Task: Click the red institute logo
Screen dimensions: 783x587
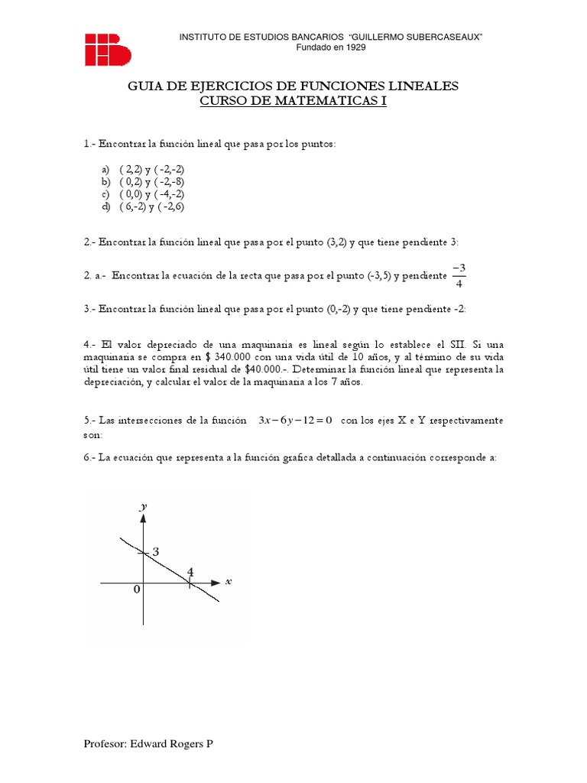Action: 108,49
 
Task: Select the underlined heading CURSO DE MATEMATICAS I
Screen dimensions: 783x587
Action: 293,102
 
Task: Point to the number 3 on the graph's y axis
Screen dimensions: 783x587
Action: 155,552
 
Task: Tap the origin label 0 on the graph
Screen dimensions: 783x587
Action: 137,590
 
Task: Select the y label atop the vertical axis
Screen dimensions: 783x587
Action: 143,506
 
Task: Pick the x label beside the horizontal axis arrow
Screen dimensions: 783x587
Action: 228,581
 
